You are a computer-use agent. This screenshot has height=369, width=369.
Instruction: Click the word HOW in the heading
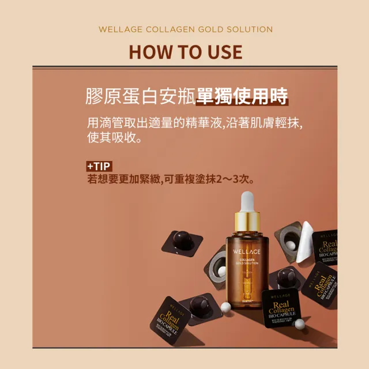149,52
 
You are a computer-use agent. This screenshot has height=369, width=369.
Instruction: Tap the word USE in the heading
221,52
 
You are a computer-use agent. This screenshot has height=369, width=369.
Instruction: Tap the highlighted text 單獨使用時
242,96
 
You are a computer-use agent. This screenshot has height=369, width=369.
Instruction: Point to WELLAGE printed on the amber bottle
247,252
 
